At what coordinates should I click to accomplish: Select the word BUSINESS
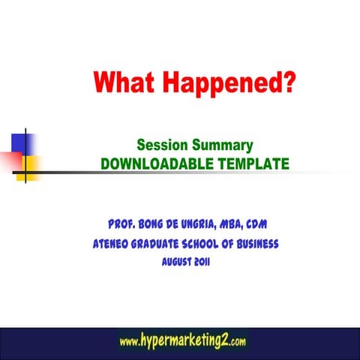point(253,244)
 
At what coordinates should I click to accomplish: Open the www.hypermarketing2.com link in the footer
point(182,342)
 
